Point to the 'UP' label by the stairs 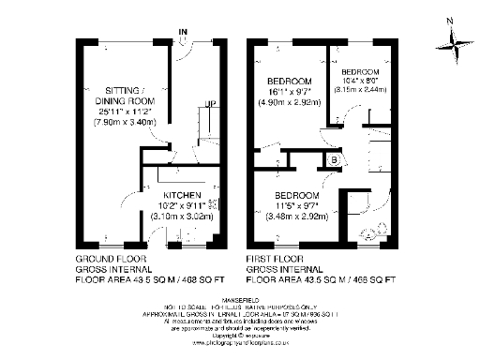click(212, 103)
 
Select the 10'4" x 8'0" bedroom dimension click(360, 82)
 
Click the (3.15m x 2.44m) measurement click(360, 92)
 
